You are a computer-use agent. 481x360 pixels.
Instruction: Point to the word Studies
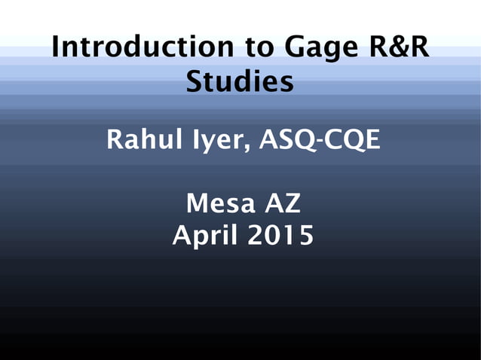[240, 82]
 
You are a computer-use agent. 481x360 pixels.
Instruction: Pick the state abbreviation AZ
[281, 203]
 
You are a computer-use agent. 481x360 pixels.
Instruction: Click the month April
[202, 236]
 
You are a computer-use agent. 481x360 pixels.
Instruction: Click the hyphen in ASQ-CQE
[319, 142]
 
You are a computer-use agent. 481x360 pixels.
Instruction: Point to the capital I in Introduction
[56, 48]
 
